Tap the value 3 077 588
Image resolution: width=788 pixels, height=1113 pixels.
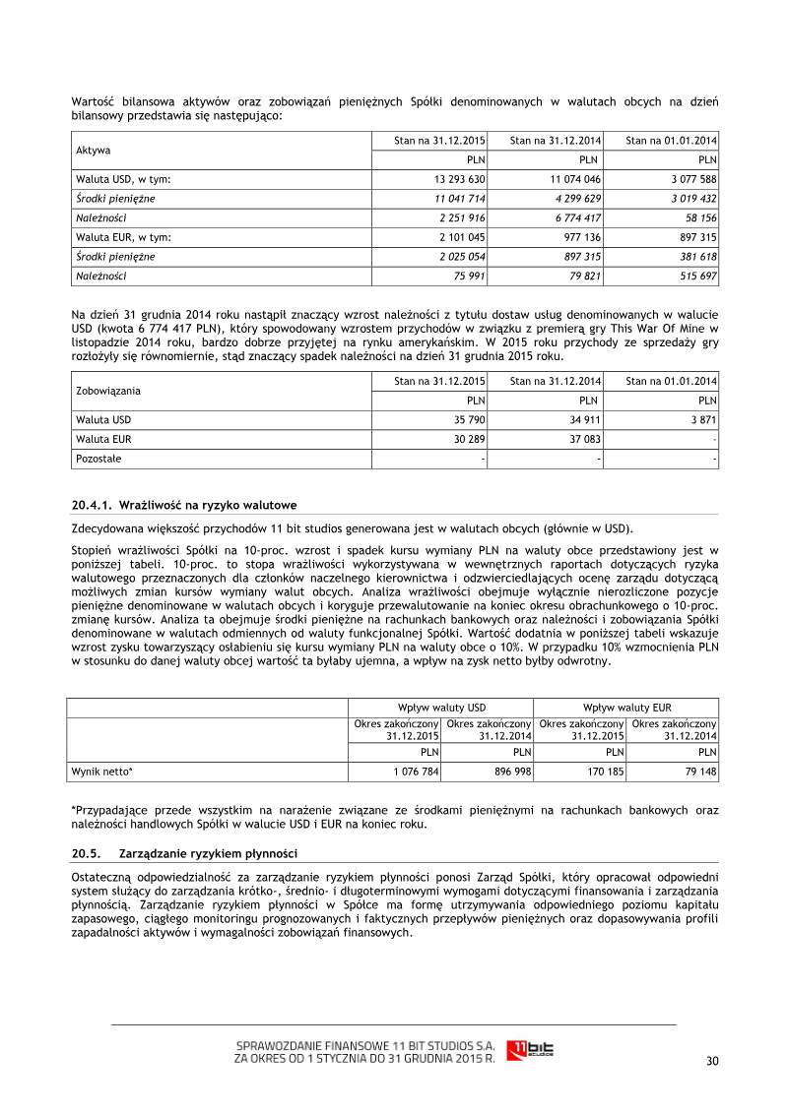(x=689, y=179)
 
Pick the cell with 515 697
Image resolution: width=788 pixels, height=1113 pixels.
(x=694, y=276)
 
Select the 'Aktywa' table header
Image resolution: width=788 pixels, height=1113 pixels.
(x=94, y=151)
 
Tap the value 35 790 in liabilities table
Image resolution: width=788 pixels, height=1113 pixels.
(x=470, y=419)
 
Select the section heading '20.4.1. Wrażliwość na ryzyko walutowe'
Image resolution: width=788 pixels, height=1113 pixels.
(x=184, y=505)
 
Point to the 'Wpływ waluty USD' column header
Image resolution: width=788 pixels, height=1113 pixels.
(x=441, y=707)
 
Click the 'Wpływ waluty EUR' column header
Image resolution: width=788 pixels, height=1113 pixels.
(x=626, y=707)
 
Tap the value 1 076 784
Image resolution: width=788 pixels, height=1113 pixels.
(x=416, y=772)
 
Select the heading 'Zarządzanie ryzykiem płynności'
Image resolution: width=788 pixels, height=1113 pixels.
(x=208, y=852)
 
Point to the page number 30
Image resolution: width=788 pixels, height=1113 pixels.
(x=712, y=1060)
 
